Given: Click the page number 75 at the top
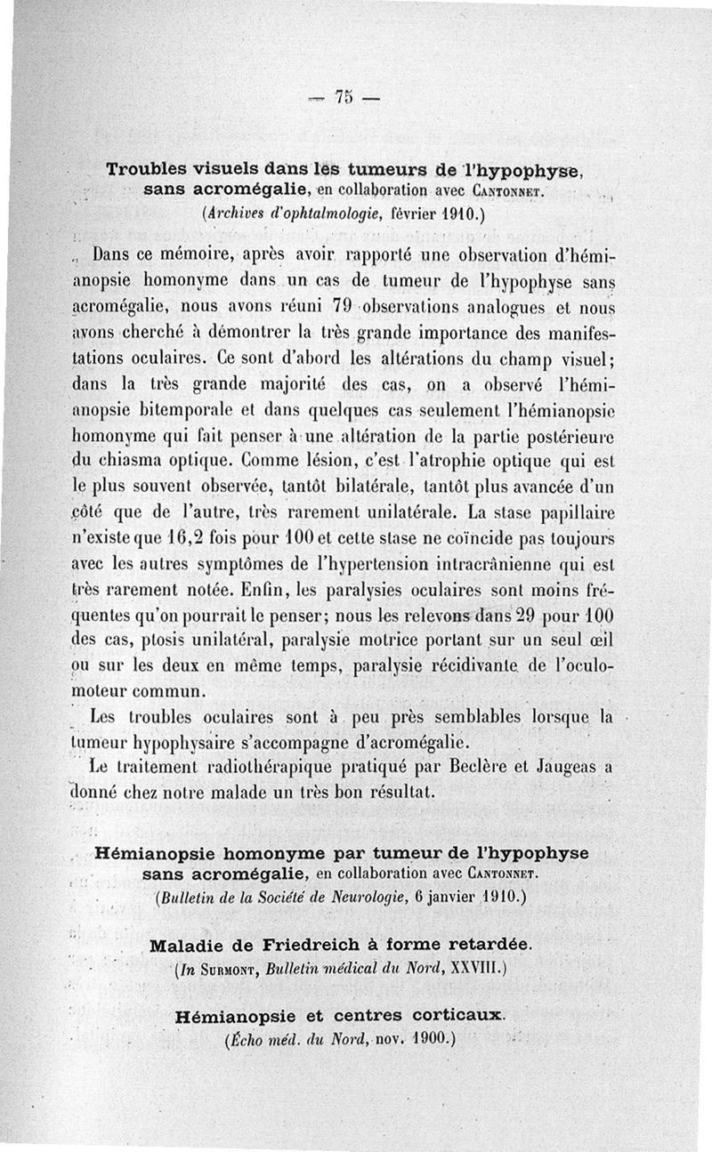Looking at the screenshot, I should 342,97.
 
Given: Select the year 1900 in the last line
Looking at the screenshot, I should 425,1038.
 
